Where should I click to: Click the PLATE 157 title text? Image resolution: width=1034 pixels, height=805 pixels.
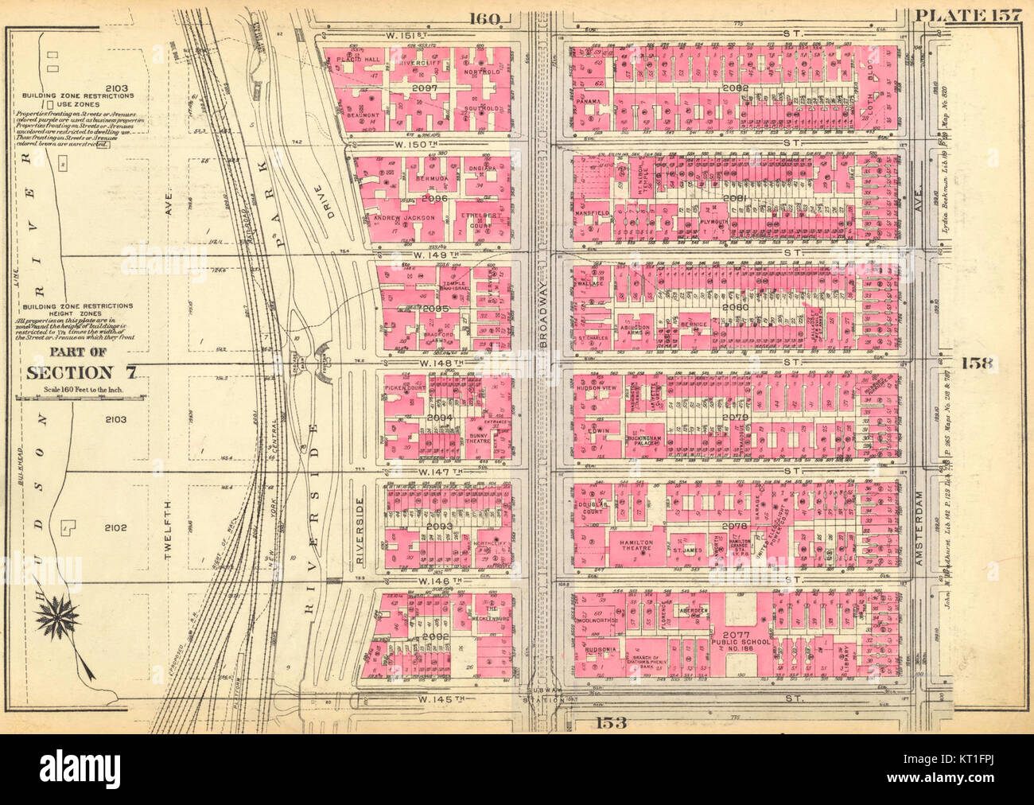[968, 14]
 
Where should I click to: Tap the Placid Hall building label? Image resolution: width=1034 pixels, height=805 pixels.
[355, 60]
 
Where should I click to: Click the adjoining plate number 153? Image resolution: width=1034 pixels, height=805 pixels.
[609, 723]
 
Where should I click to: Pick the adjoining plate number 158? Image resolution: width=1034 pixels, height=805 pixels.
[978, 363]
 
